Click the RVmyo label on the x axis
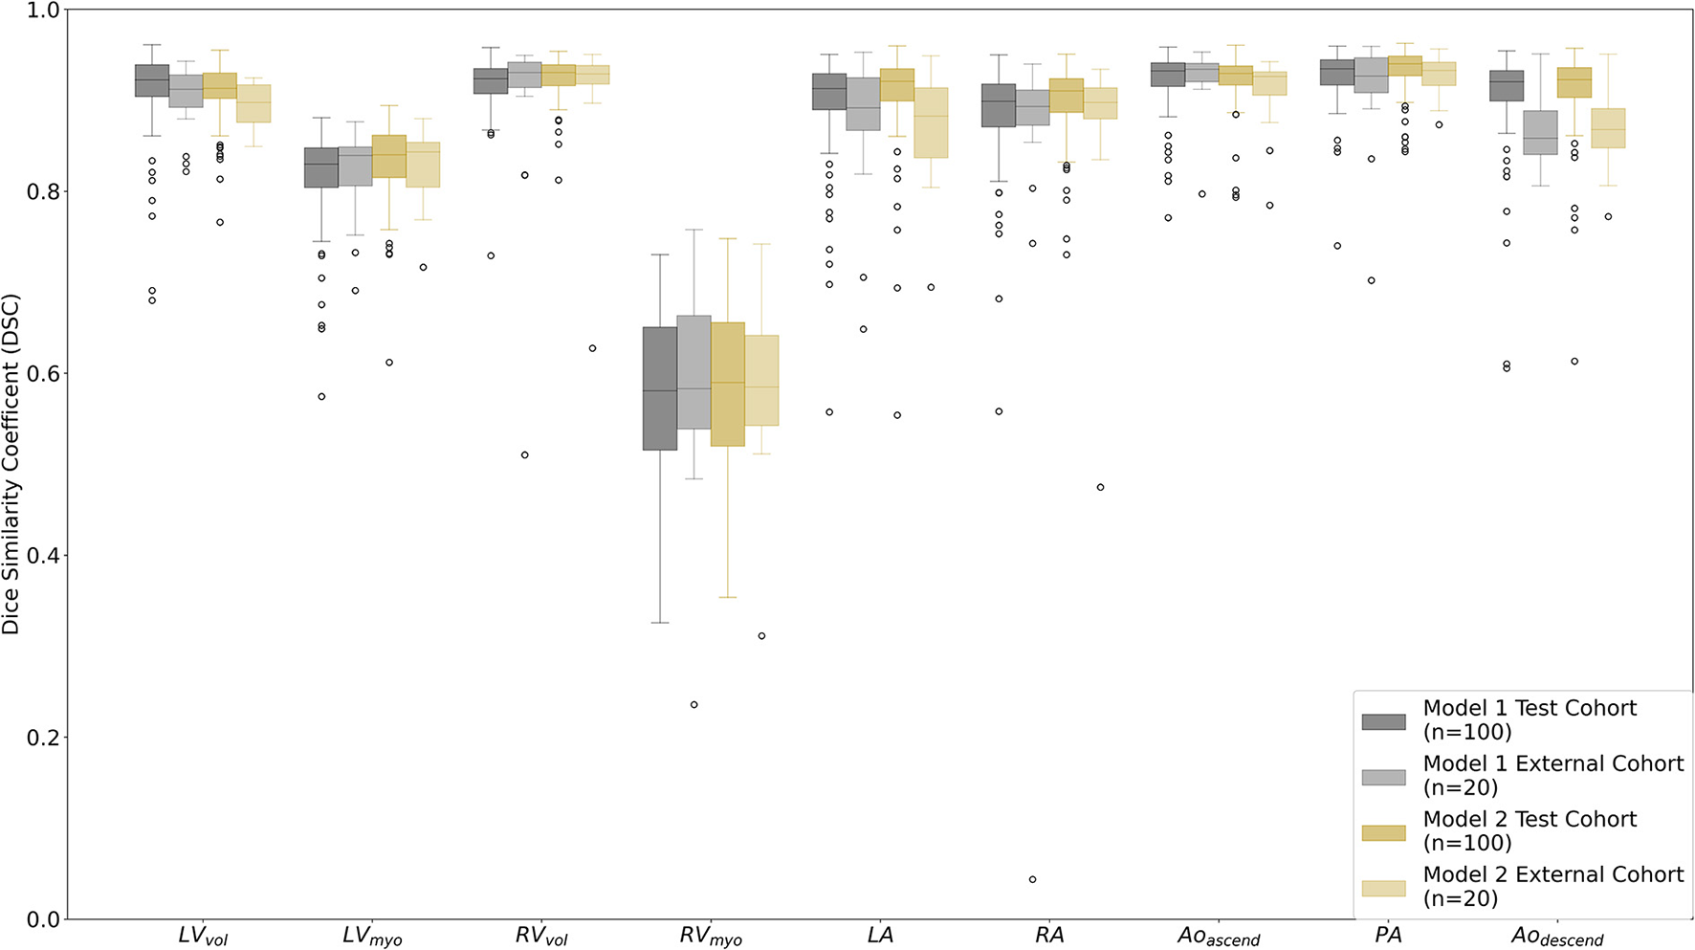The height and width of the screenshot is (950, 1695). coord(711,936)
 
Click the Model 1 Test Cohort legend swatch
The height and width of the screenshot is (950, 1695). coord(1383,721)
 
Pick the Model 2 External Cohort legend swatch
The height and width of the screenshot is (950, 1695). coord(1383,888)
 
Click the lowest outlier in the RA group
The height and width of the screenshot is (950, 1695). coord(1032,879)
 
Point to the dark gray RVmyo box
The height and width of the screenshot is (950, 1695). coord(659,388)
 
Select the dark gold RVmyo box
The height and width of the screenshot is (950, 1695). coord(728,384)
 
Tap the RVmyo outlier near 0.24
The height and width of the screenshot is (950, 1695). coord(694,705)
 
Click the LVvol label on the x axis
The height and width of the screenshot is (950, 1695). coord(203,936)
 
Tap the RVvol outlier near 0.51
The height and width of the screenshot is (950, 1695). coord(525,455)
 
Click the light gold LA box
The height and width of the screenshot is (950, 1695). coord(931,122)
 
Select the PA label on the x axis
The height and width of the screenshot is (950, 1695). coord(1388,935)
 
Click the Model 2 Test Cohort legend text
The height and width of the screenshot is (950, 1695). coord(1529,830)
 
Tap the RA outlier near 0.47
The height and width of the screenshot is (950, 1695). coord(1100,487)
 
